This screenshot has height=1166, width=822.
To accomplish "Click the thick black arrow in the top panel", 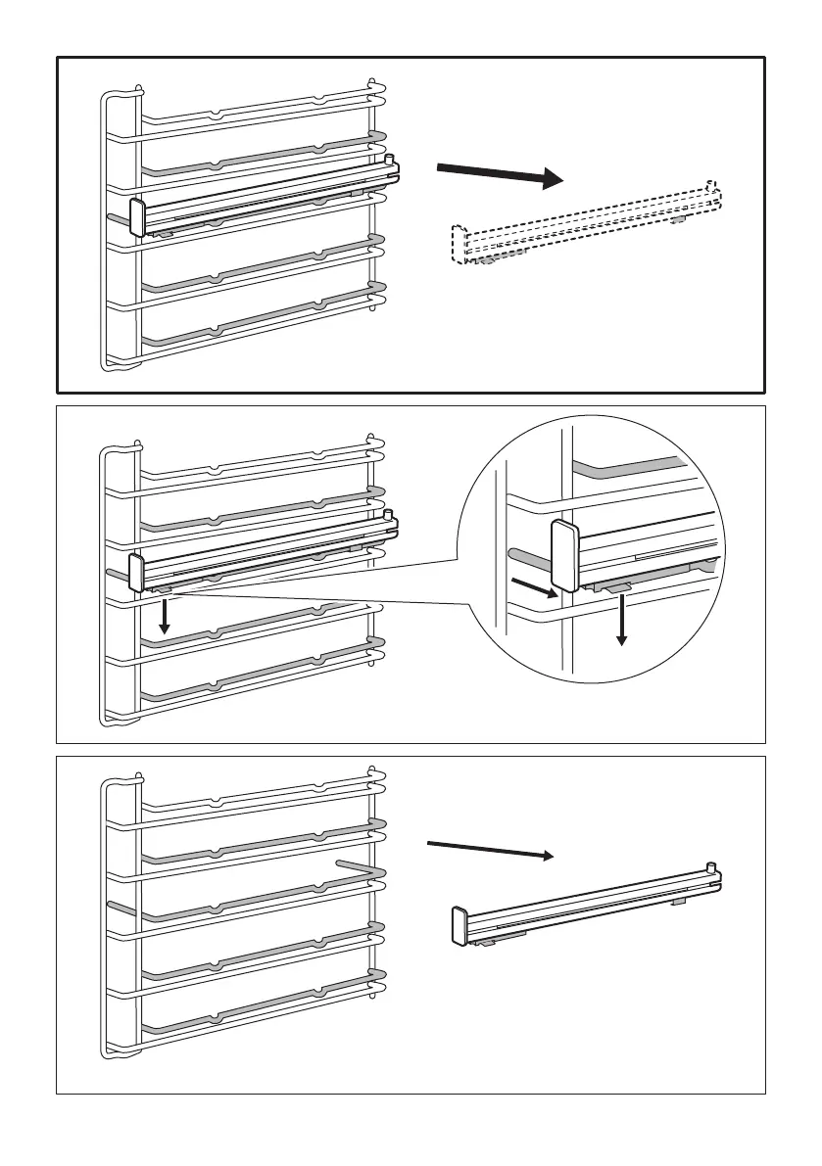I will pyautogui.click(x=500, y=175).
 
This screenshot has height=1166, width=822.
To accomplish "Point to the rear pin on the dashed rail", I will pyautogui.click(x=711, y=185).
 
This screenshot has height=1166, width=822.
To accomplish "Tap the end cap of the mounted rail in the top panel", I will pyautogui.click(x=137, y=217).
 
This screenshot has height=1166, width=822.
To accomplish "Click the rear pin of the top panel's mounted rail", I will pyautogui.click(x=389, y=157).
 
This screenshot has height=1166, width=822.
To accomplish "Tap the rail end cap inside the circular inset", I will pyautogui.click(x=565, y=557).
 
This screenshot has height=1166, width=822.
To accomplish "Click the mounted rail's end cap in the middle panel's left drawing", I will pyautogui.click(x=137, y=573).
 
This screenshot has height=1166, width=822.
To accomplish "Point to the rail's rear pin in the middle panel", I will pyautogui.click(x=389, y=514).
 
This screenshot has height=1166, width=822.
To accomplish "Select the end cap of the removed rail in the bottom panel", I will pyautogui.click(x=457, y=925).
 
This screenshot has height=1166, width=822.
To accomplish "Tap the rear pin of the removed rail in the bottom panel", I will pyautogui.click(x=711, y=866).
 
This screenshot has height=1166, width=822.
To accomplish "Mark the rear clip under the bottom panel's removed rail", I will pyautogui.click(x=677, y=900).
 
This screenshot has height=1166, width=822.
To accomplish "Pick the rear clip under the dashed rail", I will pyautogui.click(x=677, y=219).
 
